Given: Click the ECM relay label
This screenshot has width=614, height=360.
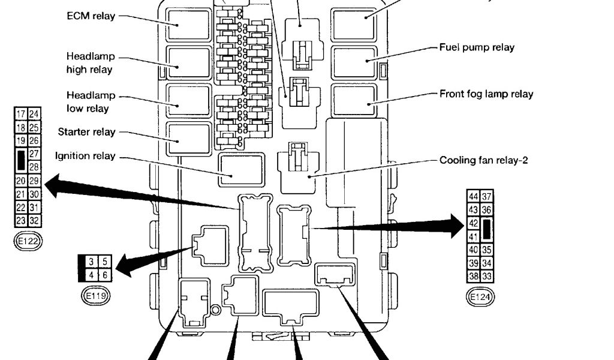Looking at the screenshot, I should pyautogui.click(x=91, y=16).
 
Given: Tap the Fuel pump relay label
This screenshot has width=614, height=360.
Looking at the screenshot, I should pyautogui.click(x=476, y=47).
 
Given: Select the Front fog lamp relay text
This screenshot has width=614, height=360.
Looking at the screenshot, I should pyautogui.click(x=486, y=94).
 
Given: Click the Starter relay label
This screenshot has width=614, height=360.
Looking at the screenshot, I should pyautogui.click(x=87, y=131).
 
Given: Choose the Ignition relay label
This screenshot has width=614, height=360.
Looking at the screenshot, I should pyautogui.click(x=85, y=156).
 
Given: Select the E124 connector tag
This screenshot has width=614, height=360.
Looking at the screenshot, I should pyautogui.click(x=480, y=296).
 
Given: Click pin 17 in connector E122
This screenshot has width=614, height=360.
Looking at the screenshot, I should pyautogui.click(x=21, y=114).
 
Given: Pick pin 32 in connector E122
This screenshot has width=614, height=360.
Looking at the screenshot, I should pyautogui.click(x=34, y=220).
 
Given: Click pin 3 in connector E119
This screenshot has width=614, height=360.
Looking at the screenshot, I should pyautogui.click(x=91, y=262).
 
